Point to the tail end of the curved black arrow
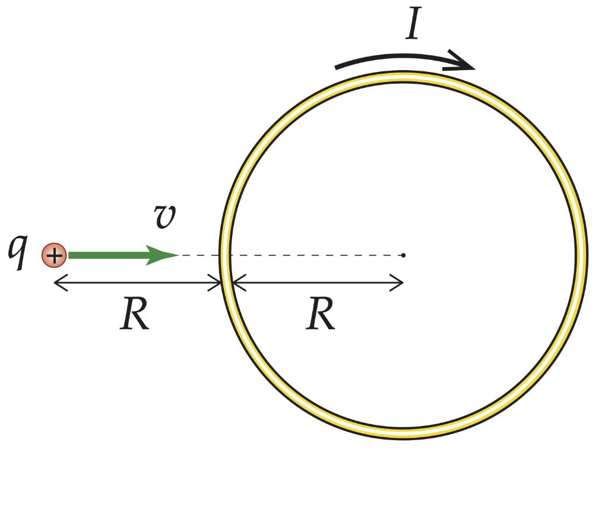tap(337, 67)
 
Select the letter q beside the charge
tap(20, 252)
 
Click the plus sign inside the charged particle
tap(54, 256)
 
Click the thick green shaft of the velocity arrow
tap(107, 255)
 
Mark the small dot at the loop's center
tap(403, 255)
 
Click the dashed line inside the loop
tap(315, 255)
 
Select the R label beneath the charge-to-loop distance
tap(134, 314)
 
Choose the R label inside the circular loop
tap(321, 314)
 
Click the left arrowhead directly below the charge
tap(58, 283)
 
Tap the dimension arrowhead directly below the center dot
tap(399, 283)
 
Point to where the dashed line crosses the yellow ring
tap(225, 255)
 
